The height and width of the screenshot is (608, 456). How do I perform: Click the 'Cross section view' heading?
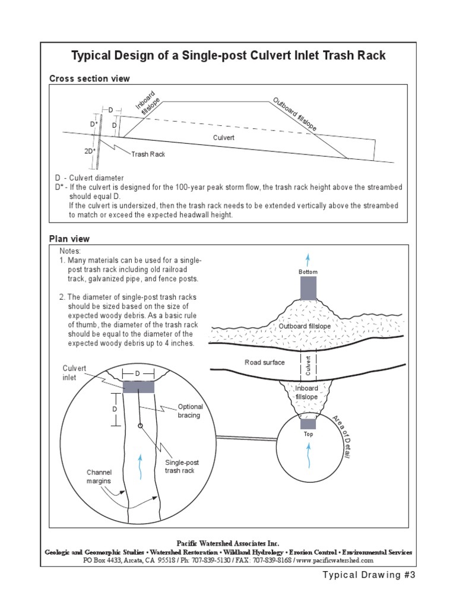point(89,78)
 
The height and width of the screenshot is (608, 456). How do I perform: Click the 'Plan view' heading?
point(69,239)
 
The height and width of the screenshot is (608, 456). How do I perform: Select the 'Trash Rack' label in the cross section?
point(148,154)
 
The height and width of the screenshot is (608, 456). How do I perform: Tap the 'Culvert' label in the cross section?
point(224,137)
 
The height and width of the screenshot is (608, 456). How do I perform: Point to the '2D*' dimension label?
point(90,151)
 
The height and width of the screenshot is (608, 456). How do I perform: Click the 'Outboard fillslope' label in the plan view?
point(305,327)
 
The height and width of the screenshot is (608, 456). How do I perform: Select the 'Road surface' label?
point(265,362)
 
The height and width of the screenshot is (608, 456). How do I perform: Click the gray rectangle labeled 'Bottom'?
point(308,288)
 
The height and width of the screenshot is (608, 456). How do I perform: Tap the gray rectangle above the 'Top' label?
point(308,423)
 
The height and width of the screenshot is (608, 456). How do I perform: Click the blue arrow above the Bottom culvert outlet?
point(308,260)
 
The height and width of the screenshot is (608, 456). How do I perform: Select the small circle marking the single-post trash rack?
point(140,426)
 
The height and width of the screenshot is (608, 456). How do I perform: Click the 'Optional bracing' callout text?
point(191,411)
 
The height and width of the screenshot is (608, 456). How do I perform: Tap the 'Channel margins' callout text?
point(99,476)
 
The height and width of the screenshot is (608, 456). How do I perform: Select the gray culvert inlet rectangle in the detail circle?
point(139,387)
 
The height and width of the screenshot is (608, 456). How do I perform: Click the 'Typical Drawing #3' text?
point(367,575)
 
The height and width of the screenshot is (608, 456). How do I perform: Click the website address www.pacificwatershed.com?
point(335,560)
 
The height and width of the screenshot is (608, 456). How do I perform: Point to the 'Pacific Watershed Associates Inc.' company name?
point(228,543)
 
